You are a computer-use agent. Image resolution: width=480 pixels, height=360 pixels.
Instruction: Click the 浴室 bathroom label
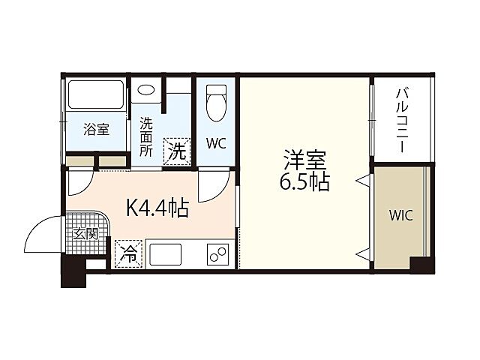95,129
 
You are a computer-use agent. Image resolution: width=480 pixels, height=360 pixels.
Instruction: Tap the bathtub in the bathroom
96,95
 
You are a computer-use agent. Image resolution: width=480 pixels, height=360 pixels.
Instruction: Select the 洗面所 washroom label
145,134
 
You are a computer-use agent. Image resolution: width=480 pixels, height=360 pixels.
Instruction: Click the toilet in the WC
216,102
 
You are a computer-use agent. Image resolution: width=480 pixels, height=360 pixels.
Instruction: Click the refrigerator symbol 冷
129,253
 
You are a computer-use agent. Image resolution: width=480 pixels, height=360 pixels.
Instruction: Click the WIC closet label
400,215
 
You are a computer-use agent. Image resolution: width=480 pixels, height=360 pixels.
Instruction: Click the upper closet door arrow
362,179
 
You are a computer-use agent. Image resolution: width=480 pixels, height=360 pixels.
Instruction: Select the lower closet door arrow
362,251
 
